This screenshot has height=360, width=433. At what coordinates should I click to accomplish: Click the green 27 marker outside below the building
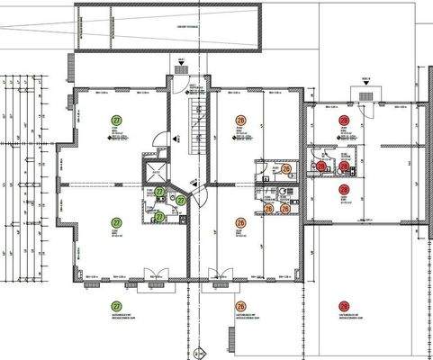[x=115, y=306]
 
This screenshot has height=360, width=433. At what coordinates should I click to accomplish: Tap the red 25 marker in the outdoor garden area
[x=343, y=306]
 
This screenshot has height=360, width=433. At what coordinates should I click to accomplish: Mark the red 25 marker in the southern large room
[x=343, y=189]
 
